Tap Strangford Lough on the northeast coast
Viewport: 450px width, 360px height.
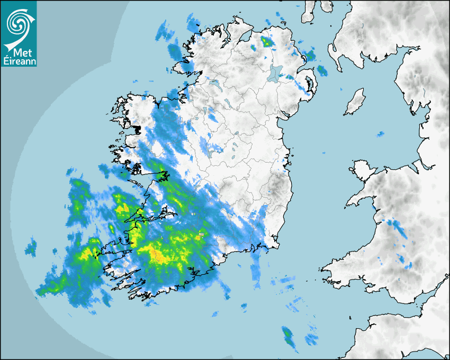pos(308,85)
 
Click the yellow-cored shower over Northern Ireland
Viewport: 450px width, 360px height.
pos(266,40)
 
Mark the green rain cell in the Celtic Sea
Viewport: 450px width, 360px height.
pos(288,336)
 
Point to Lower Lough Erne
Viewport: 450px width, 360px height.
pos(214,84)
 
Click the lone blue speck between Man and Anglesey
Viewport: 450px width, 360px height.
pos(379,134)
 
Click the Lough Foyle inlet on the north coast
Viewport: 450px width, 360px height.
pos(245,38)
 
